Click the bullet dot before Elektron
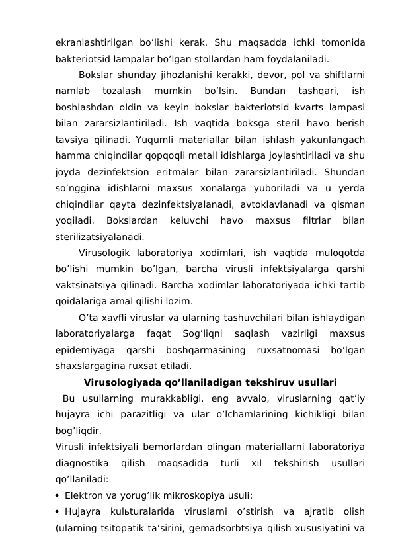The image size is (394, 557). pos(59,495)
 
